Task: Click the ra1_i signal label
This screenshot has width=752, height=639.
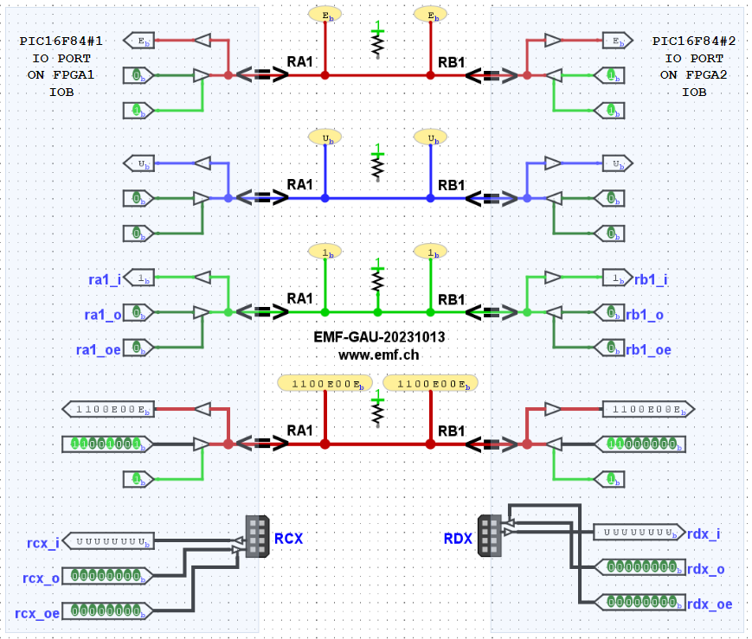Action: (x=104, y=278)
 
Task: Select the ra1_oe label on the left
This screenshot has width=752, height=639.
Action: (x=99, y=349)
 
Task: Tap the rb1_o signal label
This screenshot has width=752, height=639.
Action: (x=646, y=315)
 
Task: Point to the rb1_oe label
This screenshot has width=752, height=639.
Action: (x=649, y=349)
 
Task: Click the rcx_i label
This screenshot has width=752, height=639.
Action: (x=43, y=543)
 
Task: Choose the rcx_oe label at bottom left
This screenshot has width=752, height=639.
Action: (x=38, y=612)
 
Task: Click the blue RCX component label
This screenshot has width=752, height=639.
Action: (x=288, y=538)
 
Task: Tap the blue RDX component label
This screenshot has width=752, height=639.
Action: (x=458, y=538)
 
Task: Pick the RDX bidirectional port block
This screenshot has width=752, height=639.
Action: (x=490, y=535)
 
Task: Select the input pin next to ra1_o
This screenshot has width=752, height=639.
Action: (x=142, y=312)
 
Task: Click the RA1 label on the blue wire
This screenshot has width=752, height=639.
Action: (x=300, y=184)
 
